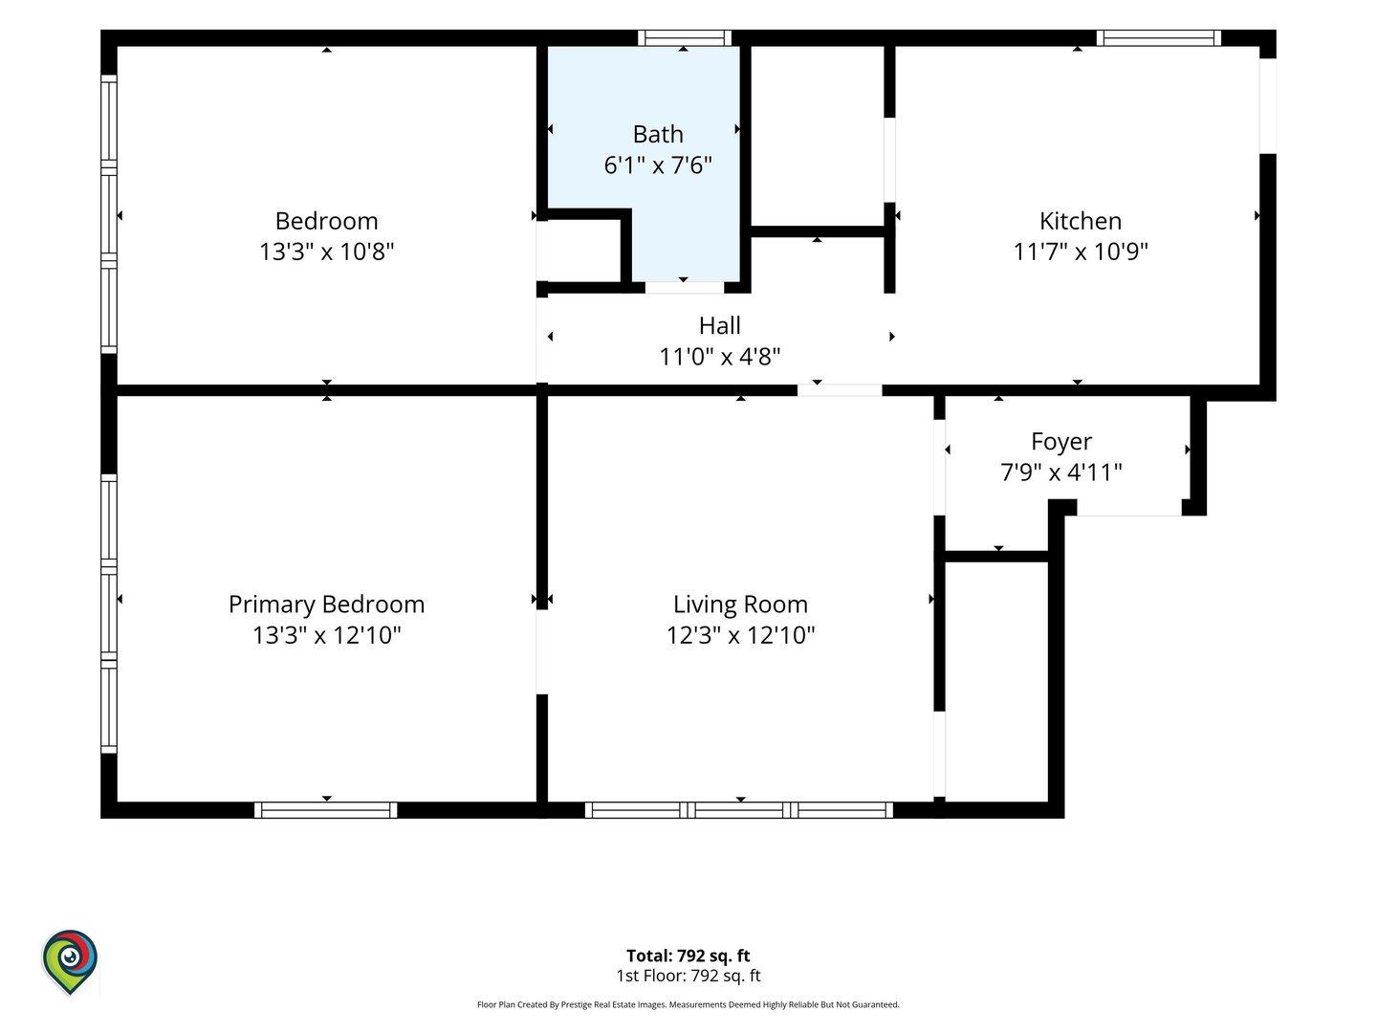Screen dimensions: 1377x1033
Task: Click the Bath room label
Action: click(658, 134)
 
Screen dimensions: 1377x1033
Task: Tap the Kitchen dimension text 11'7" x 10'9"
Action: click(1081, 252)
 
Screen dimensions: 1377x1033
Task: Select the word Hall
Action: click(719, 325)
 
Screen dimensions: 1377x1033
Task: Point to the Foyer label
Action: click(1061, 442)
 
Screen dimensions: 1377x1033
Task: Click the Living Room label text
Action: click(740, 604)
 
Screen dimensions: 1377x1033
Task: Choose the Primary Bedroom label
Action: click(326, 604)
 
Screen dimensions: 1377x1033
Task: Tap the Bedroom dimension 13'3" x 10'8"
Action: click(326, 252)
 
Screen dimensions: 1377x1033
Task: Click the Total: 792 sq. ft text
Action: click(688, 956)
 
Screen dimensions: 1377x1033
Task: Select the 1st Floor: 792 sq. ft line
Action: click(688, 976)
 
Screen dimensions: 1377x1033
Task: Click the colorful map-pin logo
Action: click(70, 961)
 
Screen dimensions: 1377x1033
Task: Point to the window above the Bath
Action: click(685, 37)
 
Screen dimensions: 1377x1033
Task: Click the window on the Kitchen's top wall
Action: click(1159, 37)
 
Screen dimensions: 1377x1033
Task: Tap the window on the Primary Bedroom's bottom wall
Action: click(325, 810)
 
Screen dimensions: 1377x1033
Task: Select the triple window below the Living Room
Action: click(739, 810)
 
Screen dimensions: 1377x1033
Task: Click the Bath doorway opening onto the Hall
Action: click(685, 288)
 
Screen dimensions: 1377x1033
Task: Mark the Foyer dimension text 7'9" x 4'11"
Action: click(1061, 473)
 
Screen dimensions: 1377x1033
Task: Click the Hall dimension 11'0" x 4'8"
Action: click(719, 356)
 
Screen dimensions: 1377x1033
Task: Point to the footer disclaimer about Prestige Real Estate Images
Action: click(688, 1004)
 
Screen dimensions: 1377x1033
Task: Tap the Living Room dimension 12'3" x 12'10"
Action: click(740, 635)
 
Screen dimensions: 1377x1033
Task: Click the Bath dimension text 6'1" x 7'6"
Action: click(658, 165)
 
